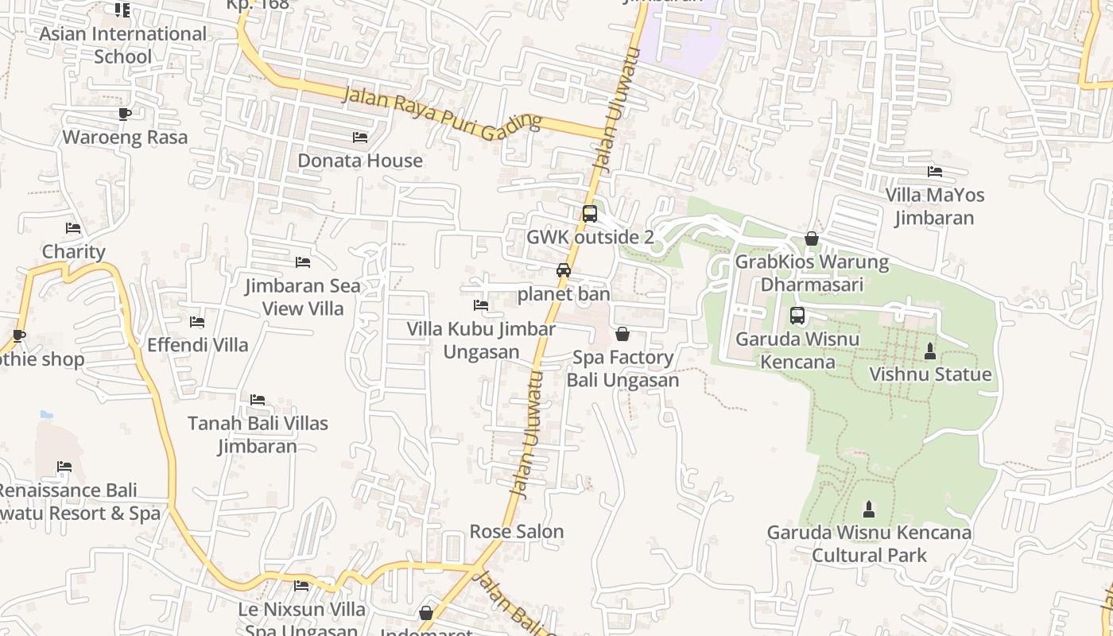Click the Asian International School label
click(x=122, y=45)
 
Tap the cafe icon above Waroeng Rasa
click(x=125, y=114)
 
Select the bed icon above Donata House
click(x=360, y=137)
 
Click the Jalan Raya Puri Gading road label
click(x=441, y=114)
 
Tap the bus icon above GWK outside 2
click(x=589, y=213)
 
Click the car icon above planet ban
click(x=564, y=270)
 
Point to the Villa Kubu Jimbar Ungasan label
click(x=481, y=340)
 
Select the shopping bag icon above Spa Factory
click(x=622, y=334)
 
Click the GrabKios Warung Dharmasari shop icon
click(x=812, y=238)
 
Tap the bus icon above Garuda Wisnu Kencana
click(x=797, y=316)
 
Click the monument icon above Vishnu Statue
click(x=930, y=351)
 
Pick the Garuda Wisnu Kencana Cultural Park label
click(x=869, y=543)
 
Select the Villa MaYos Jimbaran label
click(x=935, y=206)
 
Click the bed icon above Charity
click(x=73, y=228)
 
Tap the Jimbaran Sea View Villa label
click(x=303, y=297)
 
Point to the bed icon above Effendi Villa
click(x=197, y=322)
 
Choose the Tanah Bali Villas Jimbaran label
click(x=258, y=434)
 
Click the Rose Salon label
click(x=517, y=531)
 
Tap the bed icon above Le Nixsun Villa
click(x=301, y=586)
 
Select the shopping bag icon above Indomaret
click(x=426, y=613)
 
